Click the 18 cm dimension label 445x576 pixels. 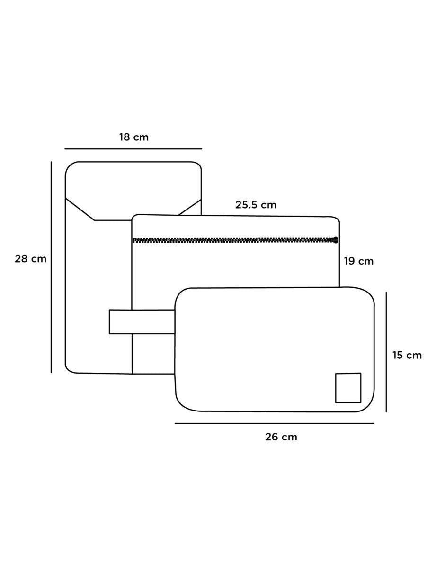pos(133,137)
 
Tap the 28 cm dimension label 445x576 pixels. pos(30,259)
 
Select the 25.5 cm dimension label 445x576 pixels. pos(256,205)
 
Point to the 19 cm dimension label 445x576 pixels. pos(358,261)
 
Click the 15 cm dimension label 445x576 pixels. pos(407,355)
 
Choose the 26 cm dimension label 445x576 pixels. pos(281,437)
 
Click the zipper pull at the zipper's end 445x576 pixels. pos(336,240)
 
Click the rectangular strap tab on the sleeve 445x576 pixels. pos(142,321)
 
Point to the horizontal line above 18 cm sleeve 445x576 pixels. pos(133,149)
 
